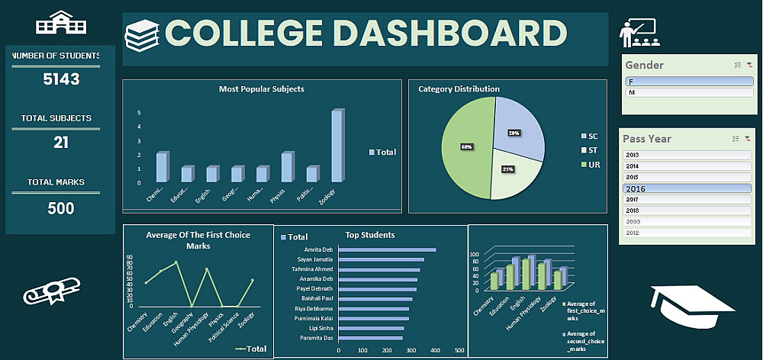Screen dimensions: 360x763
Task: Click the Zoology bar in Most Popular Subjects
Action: pyautogui.click(x=336, y=146)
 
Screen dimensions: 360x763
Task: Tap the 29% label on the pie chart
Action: pyautogui.click(x=514, y=133)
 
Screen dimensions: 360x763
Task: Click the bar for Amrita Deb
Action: pyautogui.click(x=387, y=249)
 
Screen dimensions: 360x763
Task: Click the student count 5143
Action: pyautogui.click(x=61, y=79)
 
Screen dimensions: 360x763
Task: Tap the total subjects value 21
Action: pyautogui.click(x=61, y=142)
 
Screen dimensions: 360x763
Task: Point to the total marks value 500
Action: pyautogui.click(x=61, y=207)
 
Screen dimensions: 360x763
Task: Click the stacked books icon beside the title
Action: pyautogui.click(x=142, y=35)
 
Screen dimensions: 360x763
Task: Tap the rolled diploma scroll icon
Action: pyautogui.click(x=50, y=291)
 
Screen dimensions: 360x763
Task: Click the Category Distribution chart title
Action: pyautogui.click(x=459, y=89)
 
